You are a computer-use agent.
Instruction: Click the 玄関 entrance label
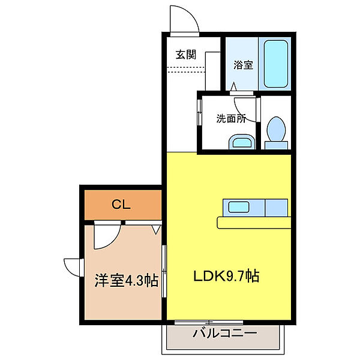(186, 54)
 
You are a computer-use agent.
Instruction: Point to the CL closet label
(121, 205)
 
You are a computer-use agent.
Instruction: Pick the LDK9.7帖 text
(226, 277)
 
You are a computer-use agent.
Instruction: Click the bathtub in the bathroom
(277, 63)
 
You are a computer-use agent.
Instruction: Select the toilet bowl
(275, 131)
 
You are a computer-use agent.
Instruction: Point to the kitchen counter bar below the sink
(255, 223)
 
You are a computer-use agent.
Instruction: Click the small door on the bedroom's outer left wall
(73, 266)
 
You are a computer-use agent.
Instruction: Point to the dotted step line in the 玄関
(186, 71)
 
